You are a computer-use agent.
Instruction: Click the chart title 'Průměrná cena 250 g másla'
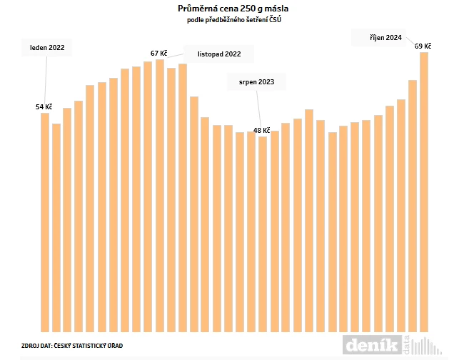pos(228,8)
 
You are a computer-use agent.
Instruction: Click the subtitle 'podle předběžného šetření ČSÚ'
pos(228,19)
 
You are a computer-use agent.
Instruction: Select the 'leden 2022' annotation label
pos(47,48)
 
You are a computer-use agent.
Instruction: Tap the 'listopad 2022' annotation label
pos(218,54)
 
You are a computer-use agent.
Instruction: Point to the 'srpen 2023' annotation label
pos(256,82)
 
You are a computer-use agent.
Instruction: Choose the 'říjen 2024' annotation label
pos(386,37)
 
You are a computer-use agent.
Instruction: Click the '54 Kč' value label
pos(44,106)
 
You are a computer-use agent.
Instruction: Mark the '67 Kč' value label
pos(158,53)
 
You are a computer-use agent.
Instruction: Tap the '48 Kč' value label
pos(261,131)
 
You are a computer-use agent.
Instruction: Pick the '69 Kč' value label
pos(423,46)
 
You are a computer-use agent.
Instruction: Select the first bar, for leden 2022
pos(45,221)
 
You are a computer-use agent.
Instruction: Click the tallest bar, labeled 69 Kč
pos(424,193)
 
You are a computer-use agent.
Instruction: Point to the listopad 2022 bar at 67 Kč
pos(159,196)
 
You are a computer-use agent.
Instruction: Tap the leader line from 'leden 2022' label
pos(46,79)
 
